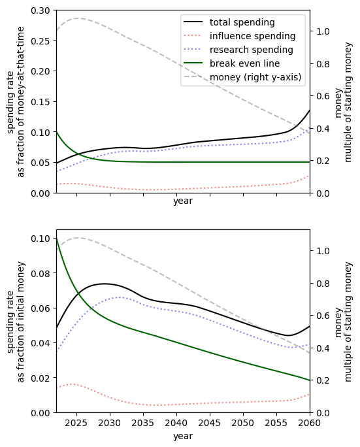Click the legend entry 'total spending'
pos(242,22)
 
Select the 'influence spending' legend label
pos(252,36)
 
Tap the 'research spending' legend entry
pos(251,50)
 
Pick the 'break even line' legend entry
pos(244,63)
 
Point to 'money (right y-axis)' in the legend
pos(255,77)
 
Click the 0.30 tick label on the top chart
pos(41,10)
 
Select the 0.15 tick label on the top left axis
pos(41,102)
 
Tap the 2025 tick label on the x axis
pos(76,423)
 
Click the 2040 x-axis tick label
pos(176,423)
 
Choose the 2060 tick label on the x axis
pos(309,423)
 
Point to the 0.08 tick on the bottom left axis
pos(41,273)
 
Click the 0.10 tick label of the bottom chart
pos(41,239)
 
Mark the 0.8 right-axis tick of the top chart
pos(323,64)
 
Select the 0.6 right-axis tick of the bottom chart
pos(323,316)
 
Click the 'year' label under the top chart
pos(183,201)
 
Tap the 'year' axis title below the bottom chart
pos(183,436)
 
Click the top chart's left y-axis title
pos(16,102)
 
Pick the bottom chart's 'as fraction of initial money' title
pos(21,322)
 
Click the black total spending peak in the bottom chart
pos(105,284)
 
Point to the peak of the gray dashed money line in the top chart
pos(78,18)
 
